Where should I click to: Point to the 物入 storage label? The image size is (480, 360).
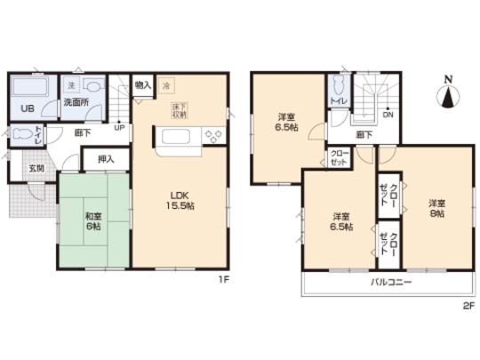pos(141,85)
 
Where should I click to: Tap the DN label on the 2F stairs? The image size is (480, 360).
pos(387,115)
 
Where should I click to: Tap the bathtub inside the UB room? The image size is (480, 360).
pos(26,91)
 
